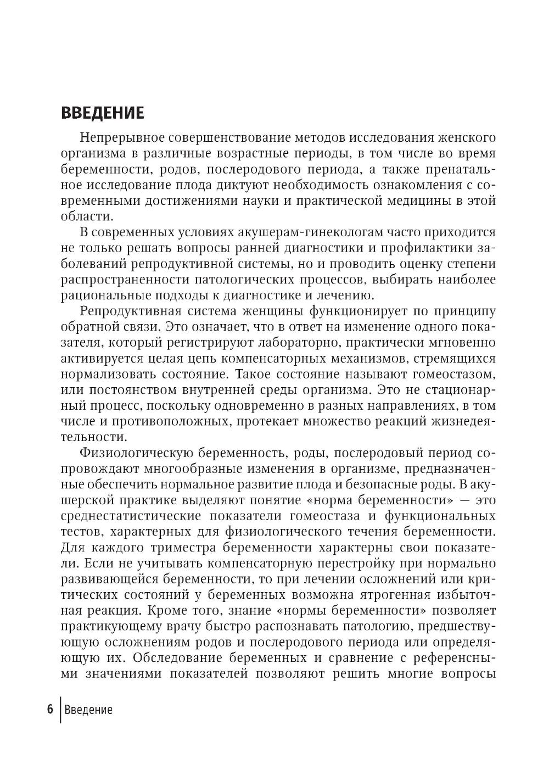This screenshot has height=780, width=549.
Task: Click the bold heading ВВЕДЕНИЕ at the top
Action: pyautogui.click(x=102, y=113)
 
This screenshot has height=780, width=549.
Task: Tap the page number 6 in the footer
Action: pyautogui.click(x=50, y=709)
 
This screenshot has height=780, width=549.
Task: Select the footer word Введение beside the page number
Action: pyautogui.click(x=88, y=710)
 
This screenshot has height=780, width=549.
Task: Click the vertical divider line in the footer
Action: pyautogui.click(x=60, y=709)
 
